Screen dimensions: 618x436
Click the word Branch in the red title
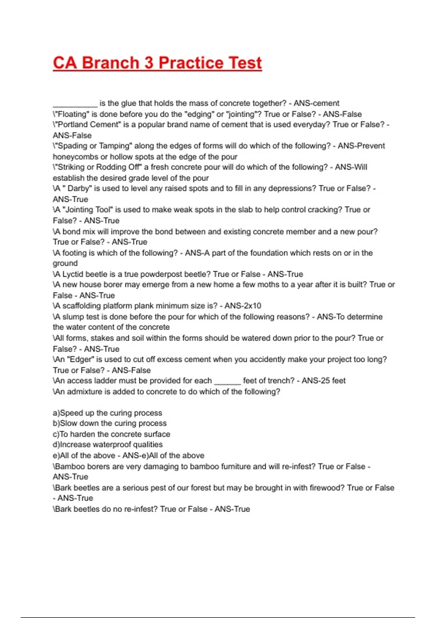click(x=110, y=63)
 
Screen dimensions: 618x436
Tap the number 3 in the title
click(x=149, y=63)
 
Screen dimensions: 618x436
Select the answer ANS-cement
click(x=316, y=103)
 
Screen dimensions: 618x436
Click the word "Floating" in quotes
click(x=72, y=114)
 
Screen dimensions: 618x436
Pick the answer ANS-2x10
click(x=243, y=306)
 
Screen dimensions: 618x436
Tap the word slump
click(x=73, y=317)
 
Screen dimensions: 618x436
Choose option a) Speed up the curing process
click(x=108, y=413)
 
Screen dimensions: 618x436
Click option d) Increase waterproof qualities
click(x=108, y=445)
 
